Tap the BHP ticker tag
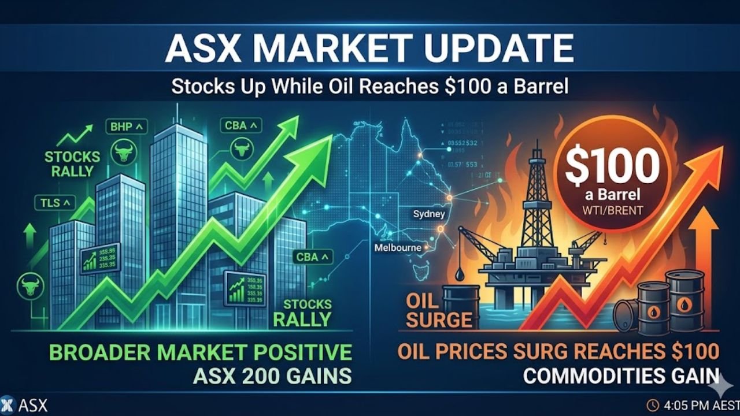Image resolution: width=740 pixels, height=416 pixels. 127,125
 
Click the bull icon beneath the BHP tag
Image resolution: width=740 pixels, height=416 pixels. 122,153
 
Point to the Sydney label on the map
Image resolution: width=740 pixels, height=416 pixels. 429,214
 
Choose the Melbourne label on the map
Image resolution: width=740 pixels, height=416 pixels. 398,248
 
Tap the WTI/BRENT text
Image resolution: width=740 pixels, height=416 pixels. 613,210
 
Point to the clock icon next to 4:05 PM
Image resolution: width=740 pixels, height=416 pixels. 653,404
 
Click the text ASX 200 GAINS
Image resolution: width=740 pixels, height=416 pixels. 272,376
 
